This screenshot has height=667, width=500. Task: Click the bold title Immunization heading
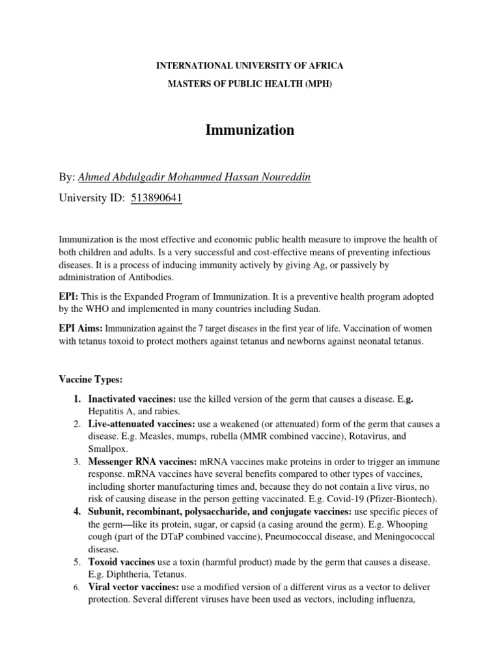(x=249, y=130)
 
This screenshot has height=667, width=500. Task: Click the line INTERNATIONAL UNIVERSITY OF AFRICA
(x=250, y=67)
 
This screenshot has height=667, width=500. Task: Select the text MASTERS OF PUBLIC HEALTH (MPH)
(x=250, y=84)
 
